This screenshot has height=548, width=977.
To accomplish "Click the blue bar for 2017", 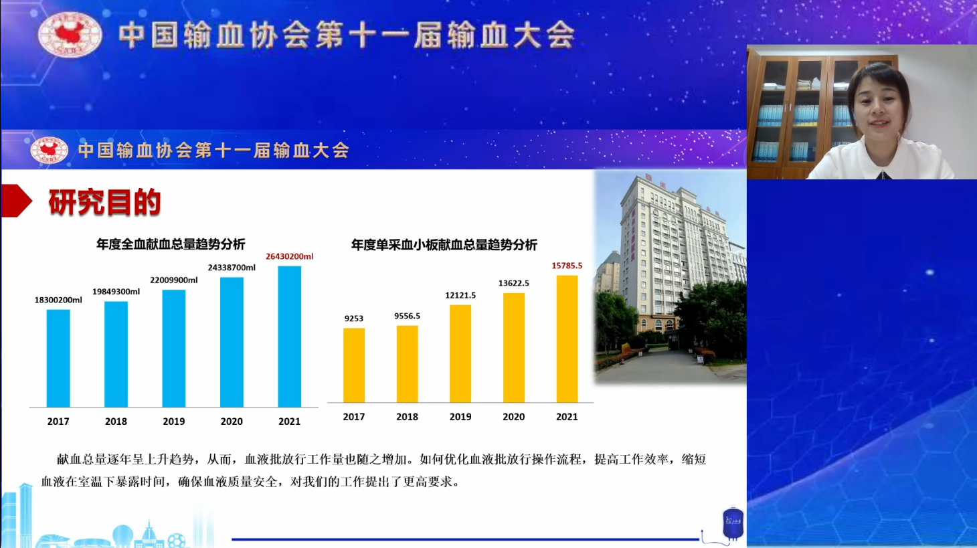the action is (x=58, y=359).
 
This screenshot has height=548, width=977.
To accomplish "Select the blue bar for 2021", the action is (x=290, y=337).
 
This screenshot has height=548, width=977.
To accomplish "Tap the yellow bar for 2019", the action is (x=460, y=353).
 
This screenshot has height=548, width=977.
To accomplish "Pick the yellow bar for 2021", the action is (x=567, y=339).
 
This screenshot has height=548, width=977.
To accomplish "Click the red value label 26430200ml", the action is (x=290, y=256).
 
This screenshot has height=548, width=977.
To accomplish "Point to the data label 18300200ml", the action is (x=58, y=300).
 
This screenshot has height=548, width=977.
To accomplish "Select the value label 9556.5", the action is (x=408, y=316).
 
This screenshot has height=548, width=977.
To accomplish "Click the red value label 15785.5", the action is (x=567, y=266).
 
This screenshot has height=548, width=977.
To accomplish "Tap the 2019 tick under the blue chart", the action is (x=173, y=422).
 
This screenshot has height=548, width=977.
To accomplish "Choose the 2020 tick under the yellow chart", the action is (x=514, y=417).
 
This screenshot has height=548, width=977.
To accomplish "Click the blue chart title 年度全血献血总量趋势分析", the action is (x=171, y=244).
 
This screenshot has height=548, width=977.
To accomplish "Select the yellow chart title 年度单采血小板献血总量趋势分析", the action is (x=444, y=245).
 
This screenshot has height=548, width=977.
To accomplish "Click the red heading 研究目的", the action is (x=104, y=202).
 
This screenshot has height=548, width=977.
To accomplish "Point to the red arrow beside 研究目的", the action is (x=17, y=201).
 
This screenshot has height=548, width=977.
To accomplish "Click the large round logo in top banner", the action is (x=70, y=34).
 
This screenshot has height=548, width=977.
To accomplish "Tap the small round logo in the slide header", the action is (x=50, y=150).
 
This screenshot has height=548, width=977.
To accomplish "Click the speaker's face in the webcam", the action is (x=880, y=110).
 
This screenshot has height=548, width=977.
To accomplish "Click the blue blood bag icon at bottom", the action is (x=733, y=523).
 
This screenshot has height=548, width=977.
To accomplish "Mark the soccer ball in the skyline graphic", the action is (x=176, y=541).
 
